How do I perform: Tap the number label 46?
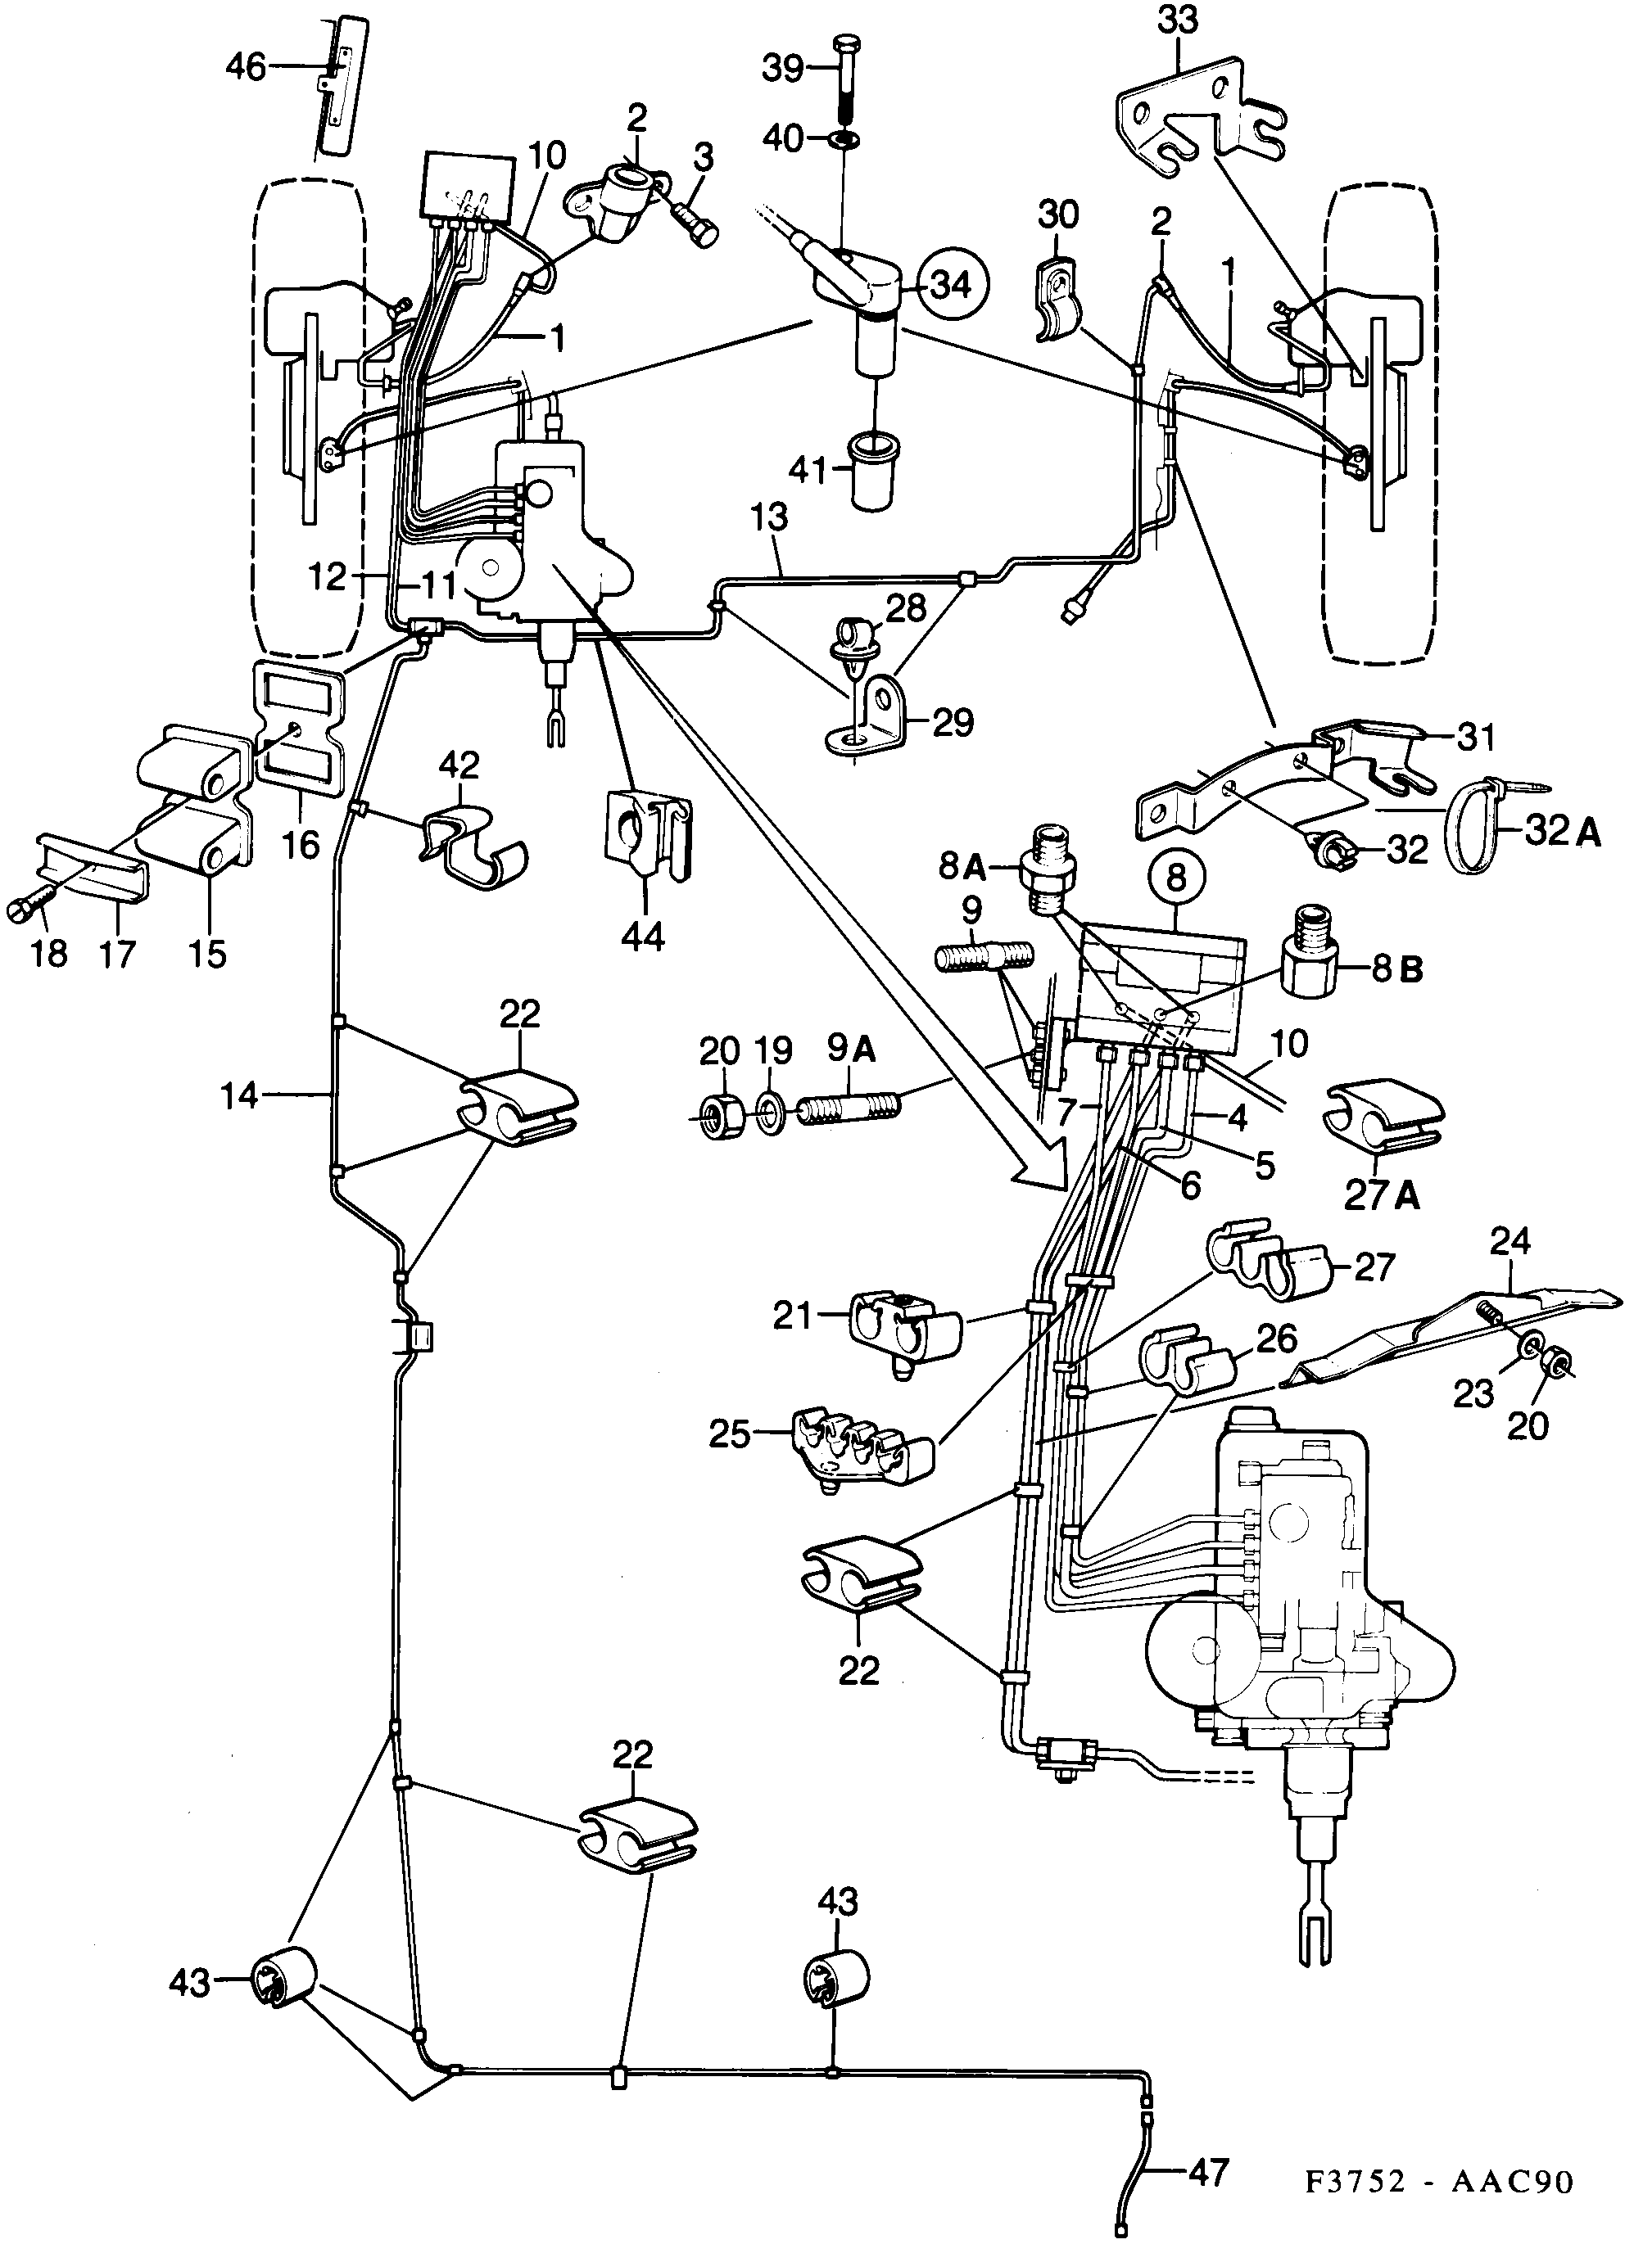pos(247,67)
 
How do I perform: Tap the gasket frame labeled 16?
pos(297,721)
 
